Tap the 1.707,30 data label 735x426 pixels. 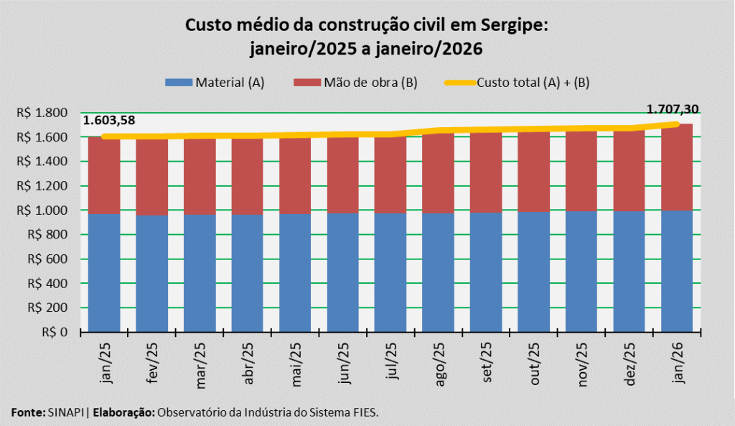pyautogui.click(x=673, y=110)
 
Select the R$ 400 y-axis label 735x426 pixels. pyautogui.click(x=47, y=284)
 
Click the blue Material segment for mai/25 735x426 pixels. pyautogui.click(x=295, y=273)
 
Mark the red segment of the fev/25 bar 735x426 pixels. pyautogui.click(x=152, y=176)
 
